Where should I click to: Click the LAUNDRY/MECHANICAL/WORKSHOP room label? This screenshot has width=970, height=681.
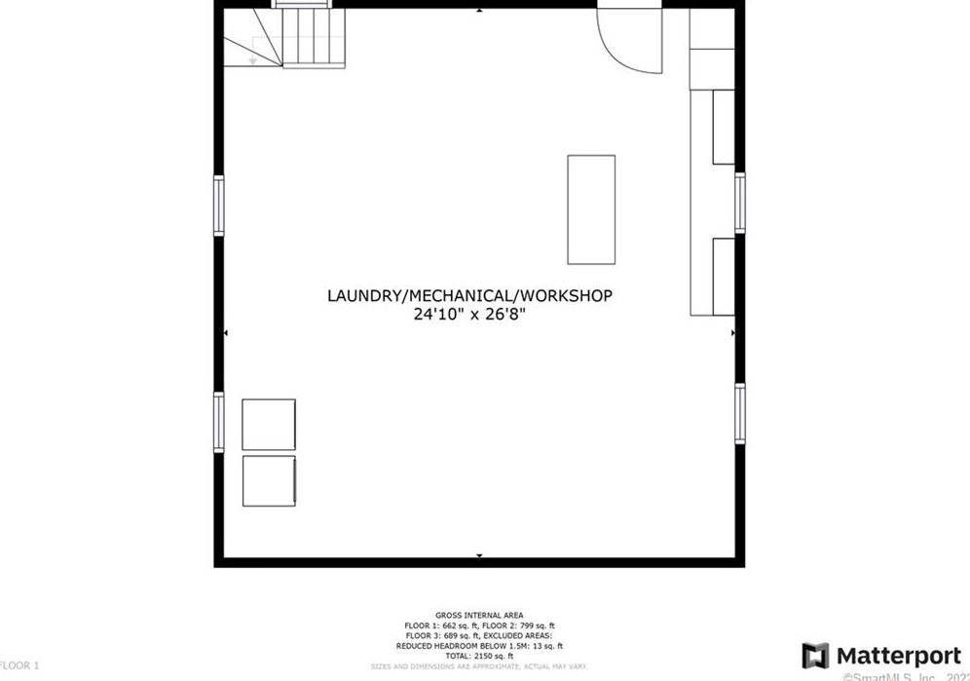[x=469, y=295]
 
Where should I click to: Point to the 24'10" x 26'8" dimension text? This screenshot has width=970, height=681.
[x=469, y=315]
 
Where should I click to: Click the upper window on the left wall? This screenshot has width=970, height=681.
[x=219, y=206]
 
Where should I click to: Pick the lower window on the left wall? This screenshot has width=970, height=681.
[x=219, y=421]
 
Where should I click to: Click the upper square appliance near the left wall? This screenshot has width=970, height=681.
[x=268, y=424]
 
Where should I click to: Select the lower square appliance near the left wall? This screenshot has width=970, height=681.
[x=268, y=480]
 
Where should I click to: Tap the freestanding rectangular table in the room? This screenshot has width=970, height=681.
[x=591, y=209]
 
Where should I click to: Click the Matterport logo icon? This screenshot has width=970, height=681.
[x=815, y=656]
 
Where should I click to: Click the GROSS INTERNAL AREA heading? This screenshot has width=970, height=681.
[x=479, y=615]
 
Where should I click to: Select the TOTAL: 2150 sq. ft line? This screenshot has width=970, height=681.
[x=479, y=657]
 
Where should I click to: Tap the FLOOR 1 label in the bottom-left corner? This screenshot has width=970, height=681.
[x=19, y=665]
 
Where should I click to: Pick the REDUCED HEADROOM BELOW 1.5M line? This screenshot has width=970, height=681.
[x=479, y=646]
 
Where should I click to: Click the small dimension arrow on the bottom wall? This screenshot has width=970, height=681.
[x=479, y=556]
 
